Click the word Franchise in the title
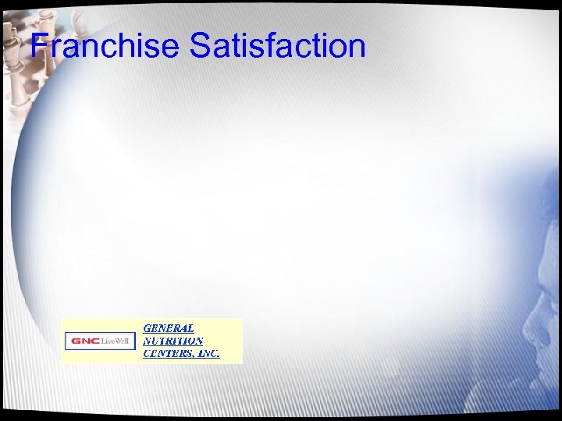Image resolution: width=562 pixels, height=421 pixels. [x=105, y=46]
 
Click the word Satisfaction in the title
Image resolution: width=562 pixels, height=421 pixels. [x=277, y=46]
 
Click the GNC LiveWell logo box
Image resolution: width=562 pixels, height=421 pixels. [x=100, y=341]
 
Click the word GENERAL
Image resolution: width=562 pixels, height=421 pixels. [x=169, y=328]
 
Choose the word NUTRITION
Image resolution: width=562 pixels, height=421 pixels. [x=173, y=341]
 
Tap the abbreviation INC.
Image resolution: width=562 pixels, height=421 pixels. [x=208, y=353]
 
